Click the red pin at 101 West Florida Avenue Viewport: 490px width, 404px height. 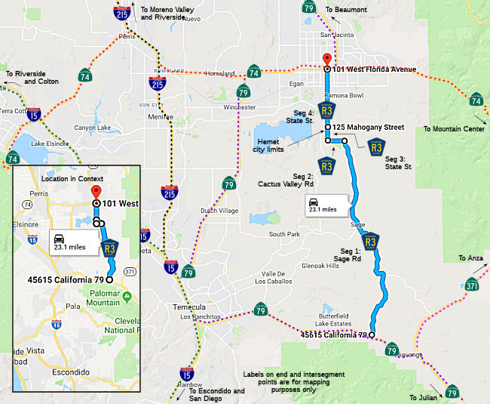(326, 60)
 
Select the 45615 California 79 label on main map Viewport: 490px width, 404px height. (333, 335)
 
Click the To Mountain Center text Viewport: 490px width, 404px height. (454, 129)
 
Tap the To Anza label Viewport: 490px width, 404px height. (471, 259)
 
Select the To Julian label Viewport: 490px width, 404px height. (424, 397)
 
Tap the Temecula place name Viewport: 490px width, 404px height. (190, 307)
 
